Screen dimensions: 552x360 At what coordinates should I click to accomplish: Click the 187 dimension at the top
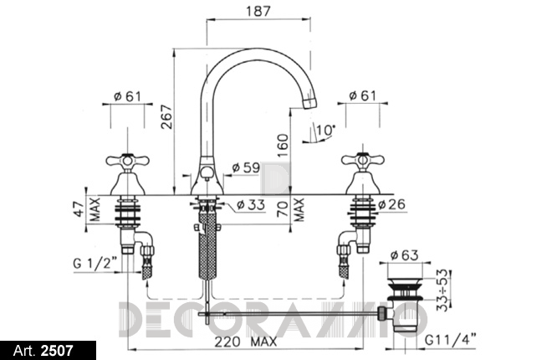(x=258, y=11)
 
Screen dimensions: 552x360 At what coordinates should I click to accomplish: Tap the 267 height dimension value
(x=167, y=117)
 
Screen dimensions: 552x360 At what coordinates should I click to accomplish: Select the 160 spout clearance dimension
(x=283, y=145)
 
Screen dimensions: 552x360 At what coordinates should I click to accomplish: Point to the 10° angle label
(x=325, y=130)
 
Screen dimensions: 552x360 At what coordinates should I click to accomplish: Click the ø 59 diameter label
(x=246, y=167)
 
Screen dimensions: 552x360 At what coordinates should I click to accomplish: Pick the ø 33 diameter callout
(x=251, y=204)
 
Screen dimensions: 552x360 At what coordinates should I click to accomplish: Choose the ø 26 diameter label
(x=391, y=204)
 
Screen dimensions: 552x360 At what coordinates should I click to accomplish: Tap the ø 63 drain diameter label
(x=405, y=255)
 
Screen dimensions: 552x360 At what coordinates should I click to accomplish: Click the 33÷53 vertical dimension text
(x=443, y=290)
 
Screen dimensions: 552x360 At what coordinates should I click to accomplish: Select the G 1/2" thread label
(x=95, y=263)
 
